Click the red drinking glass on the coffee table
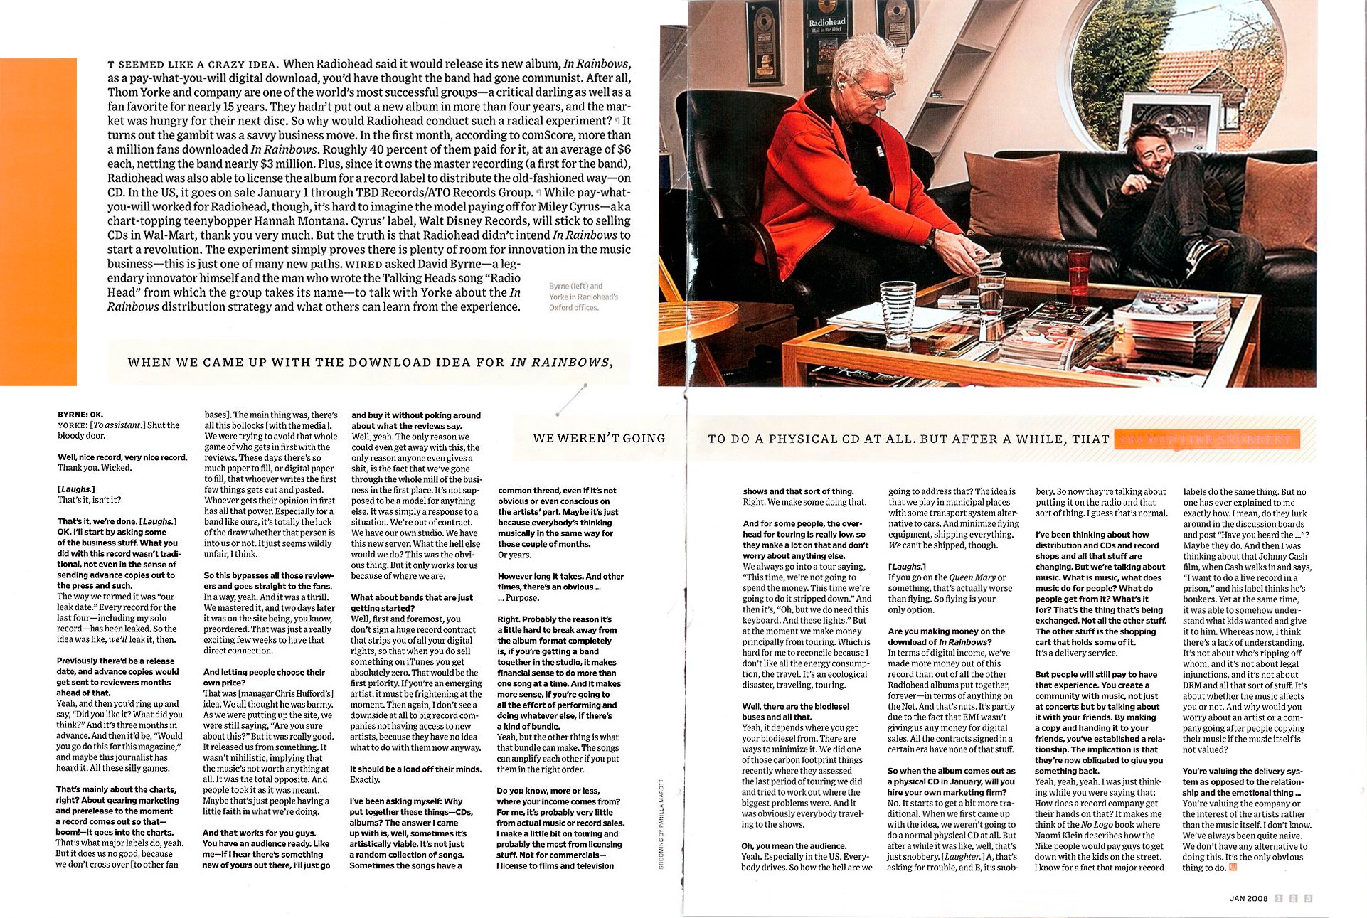pyautogui.click(x=1078, y=272)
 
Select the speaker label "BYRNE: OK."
pyautogui.click(x=80, y=415)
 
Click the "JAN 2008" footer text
pyautogui.click(x=1249, y=898)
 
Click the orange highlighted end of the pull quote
pyautogui.click(x=1207, y=439)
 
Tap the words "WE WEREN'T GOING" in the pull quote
pyautogui.click(x=599, y=439)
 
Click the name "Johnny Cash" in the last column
pyautogui.click(x=1278, y=556)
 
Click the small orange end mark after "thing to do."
pyautogui.click(x=1233, y=867)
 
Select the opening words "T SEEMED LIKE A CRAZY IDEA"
pyautogui.click(x=191, y=64)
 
